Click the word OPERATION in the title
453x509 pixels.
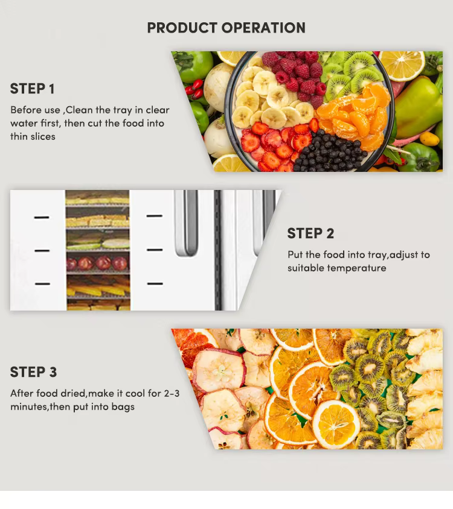pos(263,28)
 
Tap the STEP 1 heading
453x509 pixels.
pos(32,89)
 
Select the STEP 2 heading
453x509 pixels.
pos(310,233)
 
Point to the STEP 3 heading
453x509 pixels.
pos(33,372)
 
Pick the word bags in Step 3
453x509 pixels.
pos(123,406)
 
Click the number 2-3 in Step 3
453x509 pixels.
pos(172,393)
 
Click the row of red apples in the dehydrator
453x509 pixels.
pos(97,264)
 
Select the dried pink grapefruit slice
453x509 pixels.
pos(192,344)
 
